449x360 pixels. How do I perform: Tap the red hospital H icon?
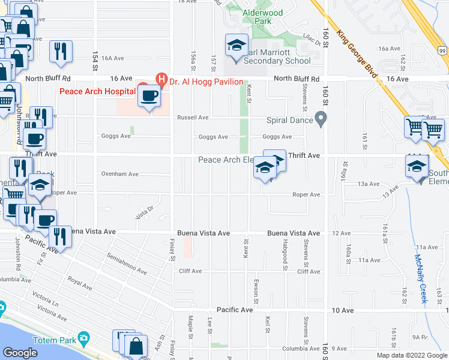pyautogui.click(x=161, y=78)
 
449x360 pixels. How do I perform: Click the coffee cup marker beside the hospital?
pyautogui.click(x=149, y=95)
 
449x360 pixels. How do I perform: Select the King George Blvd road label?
pyautogui.click(x=359, y=55)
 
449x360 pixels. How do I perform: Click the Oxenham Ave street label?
pyautogui.click(x=119, y=175)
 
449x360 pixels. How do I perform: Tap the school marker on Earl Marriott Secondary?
pyautogui.click(x=237, y=46)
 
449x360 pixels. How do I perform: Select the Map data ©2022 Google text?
pyautogui.click(x=412, y=356)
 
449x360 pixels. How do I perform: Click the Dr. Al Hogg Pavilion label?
pyautogui.click(x=206, y=82)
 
